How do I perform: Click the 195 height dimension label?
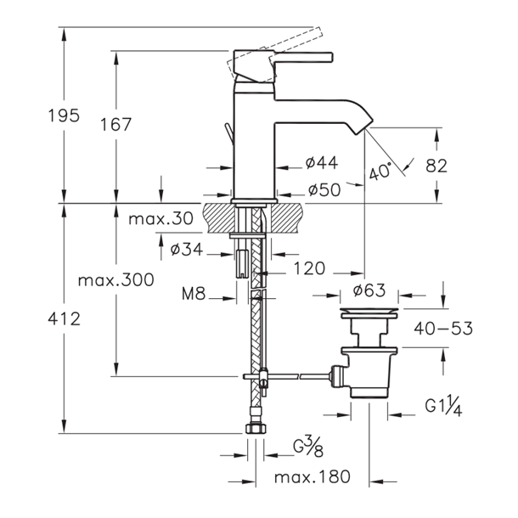click(x=64, y=115)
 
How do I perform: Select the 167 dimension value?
click(x=116, y=125)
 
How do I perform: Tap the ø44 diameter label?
click(x=322, y=162)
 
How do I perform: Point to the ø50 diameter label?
click(x=324, y=190)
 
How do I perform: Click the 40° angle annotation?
click(x=380, y=172)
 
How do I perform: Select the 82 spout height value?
click(x=436, y=166)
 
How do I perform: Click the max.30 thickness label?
click(x=160, y=219)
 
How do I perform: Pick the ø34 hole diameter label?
click(x=186, y=249)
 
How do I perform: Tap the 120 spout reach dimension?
click(x=310, y=268)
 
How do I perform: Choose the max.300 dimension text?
click(x=116, y=280)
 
